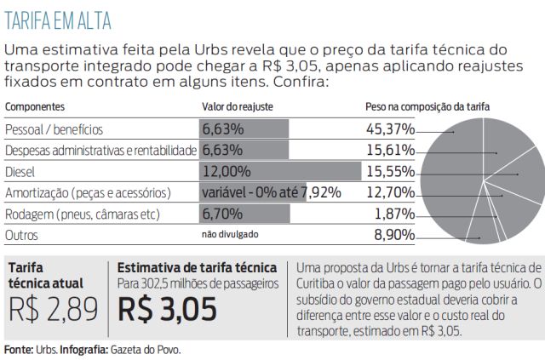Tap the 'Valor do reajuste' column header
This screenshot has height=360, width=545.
(x=236, y=108)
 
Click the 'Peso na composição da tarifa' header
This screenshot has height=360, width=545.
(x=427, y=108)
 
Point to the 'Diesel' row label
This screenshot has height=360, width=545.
(x=20, y=171)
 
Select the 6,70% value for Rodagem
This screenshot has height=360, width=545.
(x=222, y=213)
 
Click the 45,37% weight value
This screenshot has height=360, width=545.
(x=390, y=129)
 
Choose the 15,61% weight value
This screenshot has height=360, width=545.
(x=390, y=151)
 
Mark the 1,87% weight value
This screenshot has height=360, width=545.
(x=395, y=213)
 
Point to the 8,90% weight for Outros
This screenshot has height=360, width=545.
(x=393, y=234)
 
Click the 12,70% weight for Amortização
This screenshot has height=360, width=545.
(x=390, y=192)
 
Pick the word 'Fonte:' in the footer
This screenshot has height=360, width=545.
(x=17, y=349)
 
